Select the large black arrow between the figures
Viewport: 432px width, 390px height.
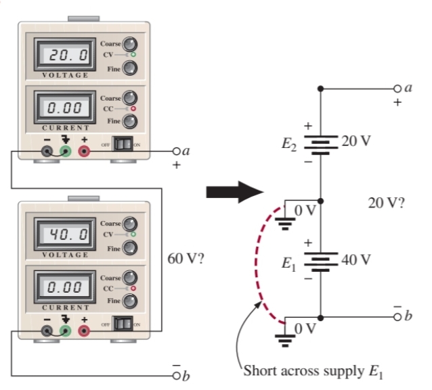coord(234,192)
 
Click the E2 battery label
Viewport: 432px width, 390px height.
coord(290,143)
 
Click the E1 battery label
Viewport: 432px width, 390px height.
coord(290,264)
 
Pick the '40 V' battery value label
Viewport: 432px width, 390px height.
coord(357,260)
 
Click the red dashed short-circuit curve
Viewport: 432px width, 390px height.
coord(257,264)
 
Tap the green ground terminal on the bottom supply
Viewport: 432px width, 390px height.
coord(66,331)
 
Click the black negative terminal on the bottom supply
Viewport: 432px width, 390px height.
coord(47,331)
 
